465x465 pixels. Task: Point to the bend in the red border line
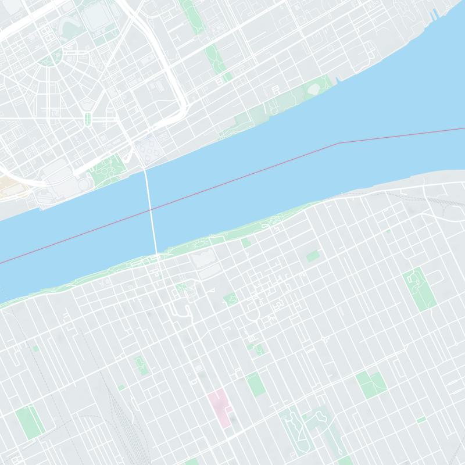click(x=339, y=142)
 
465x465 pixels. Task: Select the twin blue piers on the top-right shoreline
click(x=432, y=14)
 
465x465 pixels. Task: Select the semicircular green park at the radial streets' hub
click(x=52, y=58)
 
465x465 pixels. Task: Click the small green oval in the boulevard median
click(x=88, y=119)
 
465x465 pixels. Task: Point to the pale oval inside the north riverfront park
click(x=314, y=89)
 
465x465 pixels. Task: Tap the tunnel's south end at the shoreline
click(x=157, y=253)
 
